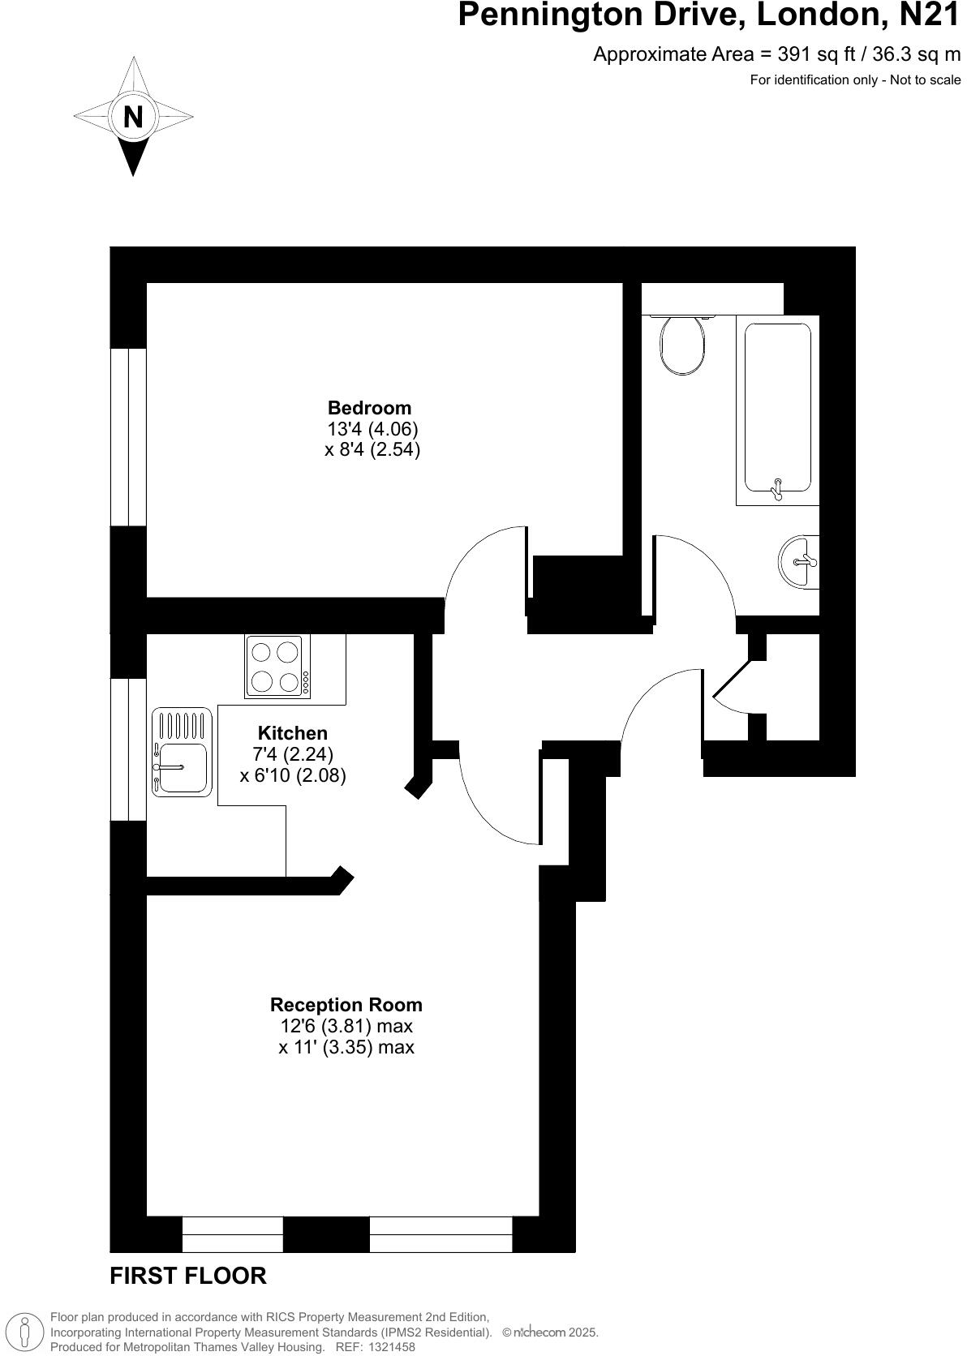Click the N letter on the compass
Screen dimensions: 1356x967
coord(133,118)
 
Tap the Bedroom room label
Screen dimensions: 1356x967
coord(369,408)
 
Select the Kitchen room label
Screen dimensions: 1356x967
coord(293,733)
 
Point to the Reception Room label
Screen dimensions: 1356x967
coord(346,1005)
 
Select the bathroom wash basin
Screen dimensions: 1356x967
coord(799,560)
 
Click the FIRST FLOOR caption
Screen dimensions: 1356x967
coord(188,1276)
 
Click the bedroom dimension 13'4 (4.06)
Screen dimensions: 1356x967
coord(372,429)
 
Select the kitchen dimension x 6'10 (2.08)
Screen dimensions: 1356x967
coord(293,775)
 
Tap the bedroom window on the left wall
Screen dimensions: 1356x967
coord(128,437)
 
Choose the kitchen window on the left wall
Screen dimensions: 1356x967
coord(128,749)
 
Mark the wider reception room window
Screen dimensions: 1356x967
coord(441,1234)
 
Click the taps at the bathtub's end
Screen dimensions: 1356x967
coord(777,487)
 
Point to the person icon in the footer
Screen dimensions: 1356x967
coord(25,1332)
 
